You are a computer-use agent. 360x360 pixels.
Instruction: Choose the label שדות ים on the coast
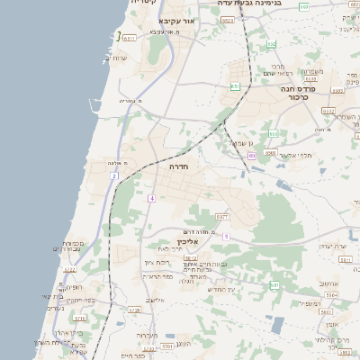117,58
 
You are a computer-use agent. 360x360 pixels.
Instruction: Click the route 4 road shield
152,198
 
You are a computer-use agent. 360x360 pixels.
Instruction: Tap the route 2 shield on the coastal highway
114,176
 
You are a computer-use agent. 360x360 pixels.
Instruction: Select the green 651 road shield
234,86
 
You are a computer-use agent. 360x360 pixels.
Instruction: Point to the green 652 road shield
272,43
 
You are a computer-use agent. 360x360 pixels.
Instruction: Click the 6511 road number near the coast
129,38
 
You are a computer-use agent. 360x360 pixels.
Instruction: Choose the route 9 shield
226,236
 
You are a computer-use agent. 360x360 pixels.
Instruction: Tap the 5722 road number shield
69,269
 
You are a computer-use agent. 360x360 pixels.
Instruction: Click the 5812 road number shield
191,257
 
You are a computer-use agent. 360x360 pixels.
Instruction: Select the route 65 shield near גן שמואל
252,155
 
